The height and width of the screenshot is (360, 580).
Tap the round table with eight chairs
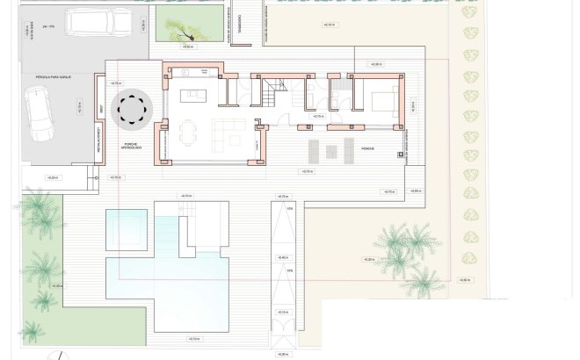(x=135, y=109)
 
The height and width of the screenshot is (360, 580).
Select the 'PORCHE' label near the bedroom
(x=367, y=148)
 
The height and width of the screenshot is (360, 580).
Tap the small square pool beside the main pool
(x=126, y=229)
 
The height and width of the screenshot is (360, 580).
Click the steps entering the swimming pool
(x=190, y=208)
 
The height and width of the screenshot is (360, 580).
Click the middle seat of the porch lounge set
(x=331, y=152)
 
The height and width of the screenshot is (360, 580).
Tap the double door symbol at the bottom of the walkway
(x=282, y=339)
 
